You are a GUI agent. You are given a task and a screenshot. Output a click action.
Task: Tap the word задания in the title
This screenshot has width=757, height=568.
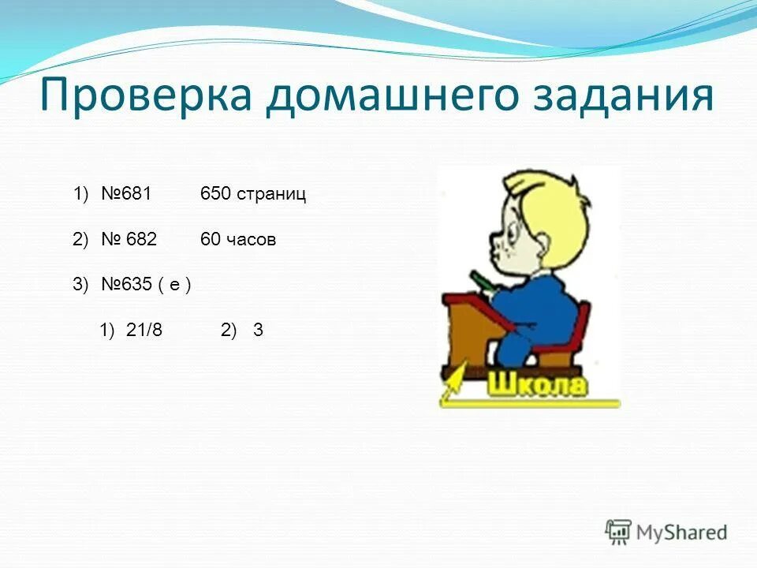click(x=623, y=96)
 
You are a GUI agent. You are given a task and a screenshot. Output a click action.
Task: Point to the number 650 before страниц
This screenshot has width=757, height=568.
click(x=215, y=195)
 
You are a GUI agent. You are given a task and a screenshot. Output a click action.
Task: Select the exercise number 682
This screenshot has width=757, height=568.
click(x=137, y=241)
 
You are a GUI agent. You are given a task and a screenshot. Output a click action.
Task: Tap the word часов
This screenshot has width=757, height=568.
click(x=252, y=241)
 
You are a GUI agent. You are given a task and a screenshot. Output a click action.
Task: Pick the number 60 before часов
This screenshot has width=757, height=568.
click(x=210, y=241)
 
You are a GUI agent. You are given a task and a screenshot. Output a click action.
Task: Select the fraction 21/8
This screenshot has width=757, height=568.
click(x=144, y=331)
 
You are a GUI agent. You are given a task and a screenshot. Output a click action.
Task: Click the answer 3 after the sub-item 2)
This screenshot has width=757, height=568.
click(x=258, y=331)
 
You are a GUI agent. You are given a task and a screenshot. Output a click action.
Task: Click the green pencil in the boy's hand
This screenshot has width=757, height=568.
click(x=481, y=280)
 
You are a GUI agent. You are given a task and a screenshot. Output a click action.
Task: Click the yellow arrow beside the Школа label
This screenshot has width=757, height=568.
click(x=456, y=387)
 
